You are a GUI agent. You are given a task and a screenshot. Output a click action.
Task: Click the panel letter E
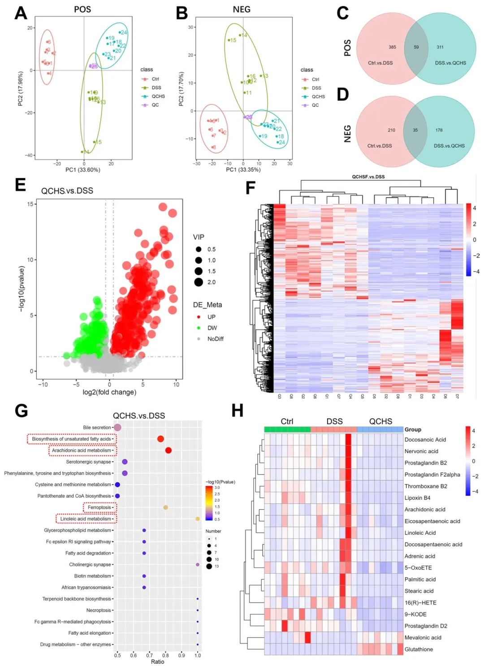point(20,185)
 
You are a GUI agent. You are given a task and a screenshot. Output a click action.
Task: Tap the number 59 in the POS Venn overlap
point(416,47)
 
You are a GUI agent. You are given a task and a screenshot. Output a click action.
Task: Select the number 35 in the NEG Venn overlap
point(415,130)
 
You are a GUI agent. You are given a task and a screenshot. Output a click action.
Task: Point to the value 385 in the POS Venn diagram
point(392,47)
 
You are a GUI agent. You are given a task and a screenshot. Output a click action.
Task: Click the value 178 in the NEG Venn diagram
point(439,130)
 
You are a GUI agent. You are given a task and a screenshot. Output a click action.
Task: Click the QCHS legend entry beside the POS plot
point(158,96)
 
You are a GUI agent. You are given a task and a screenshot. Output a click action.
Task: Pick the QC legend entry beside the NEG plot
point(315,105)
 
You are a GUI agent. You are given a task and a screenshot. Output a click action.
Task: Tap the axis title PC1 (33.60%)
point(83,170)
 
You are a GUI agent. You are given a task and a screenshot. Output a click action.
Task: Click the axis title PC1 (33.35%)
point(243,169)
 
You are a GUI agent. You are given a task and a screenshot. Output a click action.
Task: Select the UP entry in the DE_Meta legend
point(211,317)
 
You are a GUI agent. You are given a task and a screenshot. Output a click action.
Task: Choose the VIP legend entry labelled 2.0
point(211,282)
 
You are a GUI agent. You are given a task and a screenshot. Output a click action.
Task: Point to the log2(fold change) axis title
point(109,392)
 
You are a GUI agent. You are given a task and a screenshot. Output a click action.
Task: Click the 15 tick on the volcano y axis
point(30,204)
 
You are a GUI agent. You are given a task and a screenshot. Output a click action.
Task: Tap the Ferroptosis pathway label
point(99,507)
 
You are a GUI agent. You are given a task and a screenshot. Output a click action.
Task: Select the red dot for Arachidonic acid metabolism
point(168,450)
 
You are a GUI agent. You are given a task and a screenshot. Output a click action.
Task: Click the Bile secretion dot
point(117,428)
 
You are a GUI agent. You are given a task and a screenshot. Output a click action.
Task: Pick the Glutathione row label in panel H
point(419,649)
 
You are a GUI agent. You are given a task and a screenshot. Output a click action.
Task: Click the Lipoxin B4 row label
point(417,498)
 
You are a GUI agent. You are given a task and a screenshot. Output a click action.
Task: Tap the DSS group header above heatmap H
point(334,421)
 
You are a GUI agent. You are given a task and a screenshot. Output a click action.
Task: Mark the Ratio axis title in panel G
point(157,662)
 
